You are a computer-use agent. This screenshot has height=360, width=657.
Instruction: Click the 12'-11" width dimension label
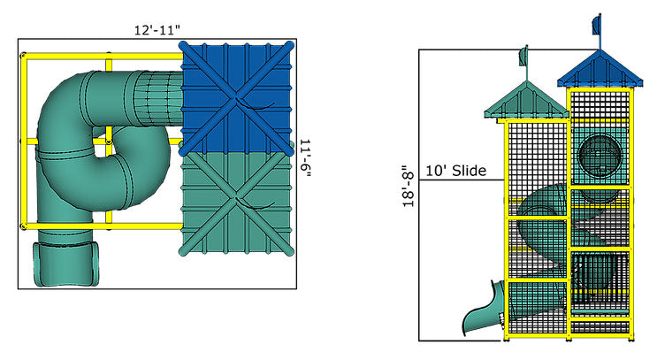(158, 31)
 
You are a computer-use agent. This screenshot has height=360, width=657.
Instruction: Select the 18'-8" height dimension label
(408, 195)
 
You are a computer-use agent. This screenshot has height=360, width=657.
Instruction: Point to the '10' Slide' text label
(455, 171)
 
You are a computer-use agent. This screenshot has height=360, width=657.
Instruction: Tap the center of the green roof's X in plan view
(235, 202)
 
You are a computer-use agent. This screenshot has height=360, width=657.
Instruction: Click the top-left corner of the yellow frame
(23, 56)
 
